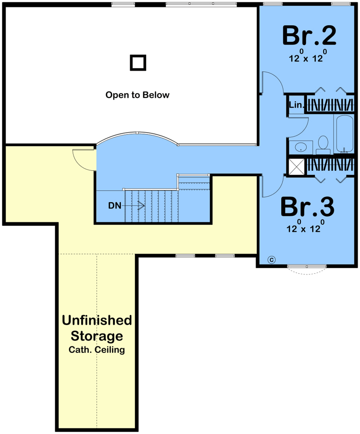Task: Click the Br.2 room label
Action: click(309, 35)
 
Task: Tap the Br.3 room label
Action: click(307, 206)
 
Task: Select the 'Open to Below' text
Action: click(137, 95)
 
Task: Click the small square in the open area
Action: click(138, 62)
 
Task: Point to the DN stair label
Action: click(115, 206)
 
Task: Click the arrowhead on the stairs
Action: click(142, 206)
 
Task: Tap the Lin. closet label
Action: click(296, 105)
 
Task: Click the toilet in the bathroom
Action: click(323, 145)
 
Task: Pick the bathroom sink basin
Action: click(301, 147)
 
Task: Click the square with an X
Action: click(297, 166)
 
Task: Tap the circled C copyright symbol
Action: click(272, 260)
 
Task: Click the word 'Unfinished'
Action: click(97, 320)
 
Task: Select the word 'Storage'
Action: click(97, 336)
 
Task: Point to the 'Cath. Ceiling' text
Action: click(97, 350)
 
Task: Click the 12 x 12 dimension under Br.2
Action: click(306, 56)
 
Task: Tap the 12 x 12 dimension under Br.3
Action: click(304, 227)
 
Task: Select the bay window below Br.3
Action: click(307, 269)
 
